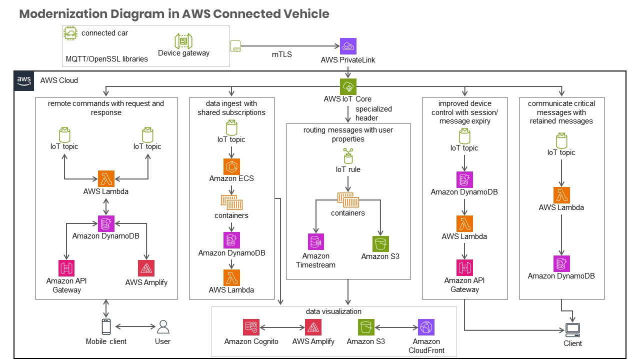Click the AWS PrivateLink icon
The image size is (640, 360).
pos(348,46)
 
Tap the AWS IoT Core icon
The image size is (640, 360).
pos(347,86)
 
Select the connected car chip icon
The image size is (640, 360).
pos(71,33)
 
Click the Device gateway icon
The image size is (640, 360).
pos(183,41)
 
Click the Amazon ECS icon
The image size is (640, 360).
pos(231,166)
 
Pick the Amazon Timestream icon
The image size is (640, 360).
pos(316,242)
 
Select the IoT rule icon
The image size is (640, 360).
pos(347,156)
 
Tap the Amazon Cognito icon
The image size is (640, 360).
pos(251,327)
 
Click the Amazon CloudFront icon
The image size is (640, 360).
pos(426,327)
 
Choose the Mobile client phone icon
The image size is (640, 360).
pos(106,326)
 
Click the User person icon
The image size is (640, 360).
pos(163,326)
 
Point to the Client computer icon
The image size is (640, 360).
pos(572,330)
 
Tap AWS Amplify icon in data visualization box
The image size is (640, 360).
pos(313,327)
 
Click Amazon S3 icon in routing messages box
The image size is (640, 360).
pos(380,244)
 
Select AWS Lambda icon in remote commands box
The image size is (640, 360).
pos(106,178)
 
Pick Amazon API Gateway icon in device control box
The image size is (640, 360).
pos(464,267)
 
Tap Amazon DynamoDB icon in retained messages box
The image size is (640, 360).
pos(561,263)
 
